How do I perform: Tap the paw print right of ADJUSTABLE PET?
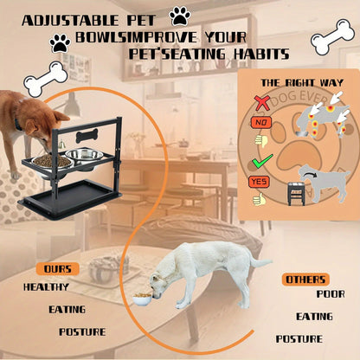(x=180, y=16)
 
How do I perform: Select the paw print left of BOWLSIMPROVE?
(x=60, y=41)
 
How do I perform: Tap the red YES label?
(x=258, y=182)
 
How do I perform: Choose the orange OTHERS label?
(x=305, y=279)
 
